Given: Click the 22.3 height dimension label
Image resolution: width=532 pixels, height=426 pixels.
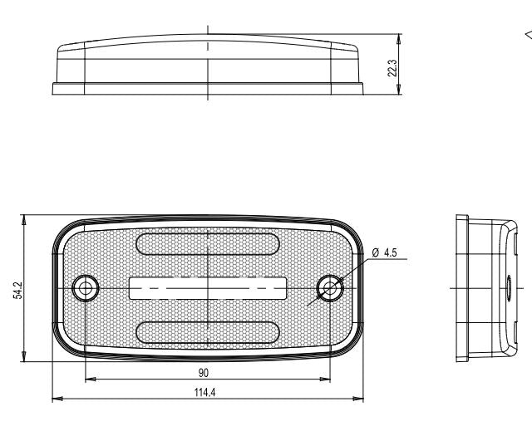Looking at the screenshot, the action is click(392, 68).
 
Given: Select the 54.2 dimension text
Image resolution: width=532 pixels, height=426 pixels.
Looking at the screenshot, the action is click(17, 291).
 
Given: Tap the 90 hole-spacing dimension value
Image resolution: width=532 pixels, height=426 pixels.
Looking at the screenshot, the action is click(203, 373).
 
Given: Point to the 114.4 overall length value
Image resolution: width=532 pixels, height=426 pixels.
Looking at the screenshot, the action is click(205, 393).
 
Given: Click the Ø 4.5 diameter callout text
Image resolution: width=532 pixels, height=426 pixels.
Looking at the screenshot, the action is click(384, 252).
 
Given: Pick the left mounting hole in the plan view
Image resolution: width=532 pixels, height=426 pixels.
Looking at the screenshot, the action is click(85, 288).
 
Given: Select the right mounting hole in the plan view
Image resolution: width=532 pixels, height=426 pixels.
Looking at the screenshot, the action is click(330, 288).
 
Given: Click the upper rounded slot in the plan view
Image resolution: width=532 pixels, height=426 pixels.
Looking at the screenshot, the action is click(207, 244).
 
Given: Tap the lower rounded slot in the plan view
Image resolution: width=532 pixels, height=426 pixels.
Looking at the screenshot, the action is click(207, 332).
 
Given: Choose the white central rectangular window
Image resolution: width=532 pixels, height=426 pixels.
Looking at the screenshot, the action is click(208, 288).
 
